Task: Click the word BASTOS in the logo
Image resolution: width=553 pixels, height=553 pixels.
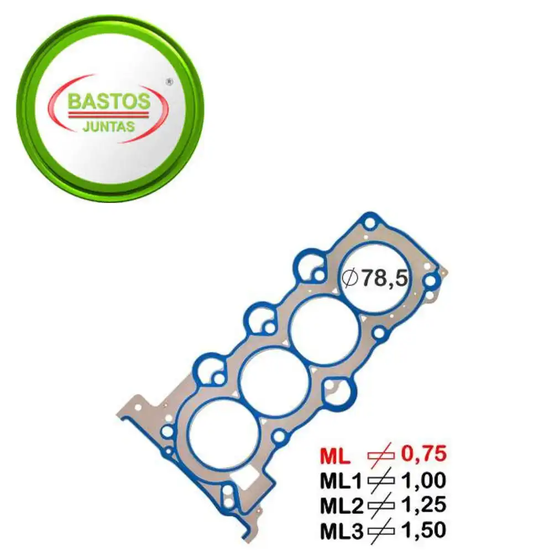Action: [x=109, y=101]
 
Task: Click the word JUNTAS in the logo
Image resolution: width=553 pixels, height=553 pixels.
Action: [x=108, y=126]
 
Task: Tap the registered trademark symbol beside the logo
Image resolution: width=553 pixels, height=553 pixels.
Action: [x=170, y=82]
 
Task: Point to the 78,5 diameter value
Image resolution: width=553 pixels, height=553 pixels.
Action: [x=385, y=278]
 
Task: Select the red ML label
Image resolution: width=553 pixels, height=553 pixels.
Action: [x=335, y=456]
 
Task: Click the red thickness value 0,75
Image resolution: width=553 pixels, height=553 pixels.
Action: [x=423, y=455]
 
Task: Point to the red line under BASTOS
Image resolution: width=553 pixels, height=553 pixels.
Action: [x=108, y=114]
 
